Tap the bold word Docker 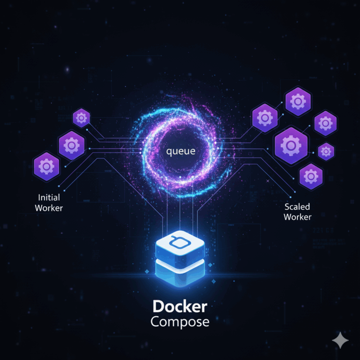tap(180, 307)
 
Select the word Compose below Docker tap(180, 322)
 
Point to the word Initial tap(49, 197)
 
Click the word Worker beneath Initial tap(49, 208)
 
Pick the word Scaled tap(297, 207)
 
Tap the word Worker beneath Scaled tap(297, 217)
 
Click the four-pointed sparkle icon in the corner tap(340, 341)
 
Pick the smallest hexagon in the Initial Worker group tap(82, 118)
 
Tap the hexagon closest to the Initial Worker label tap(46, 166)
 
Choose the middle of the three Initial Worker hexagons tap(72, 145)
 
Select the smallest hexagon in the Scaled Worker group tap(326, 151)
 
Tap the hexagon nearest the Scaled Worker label tap(310, 176)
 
